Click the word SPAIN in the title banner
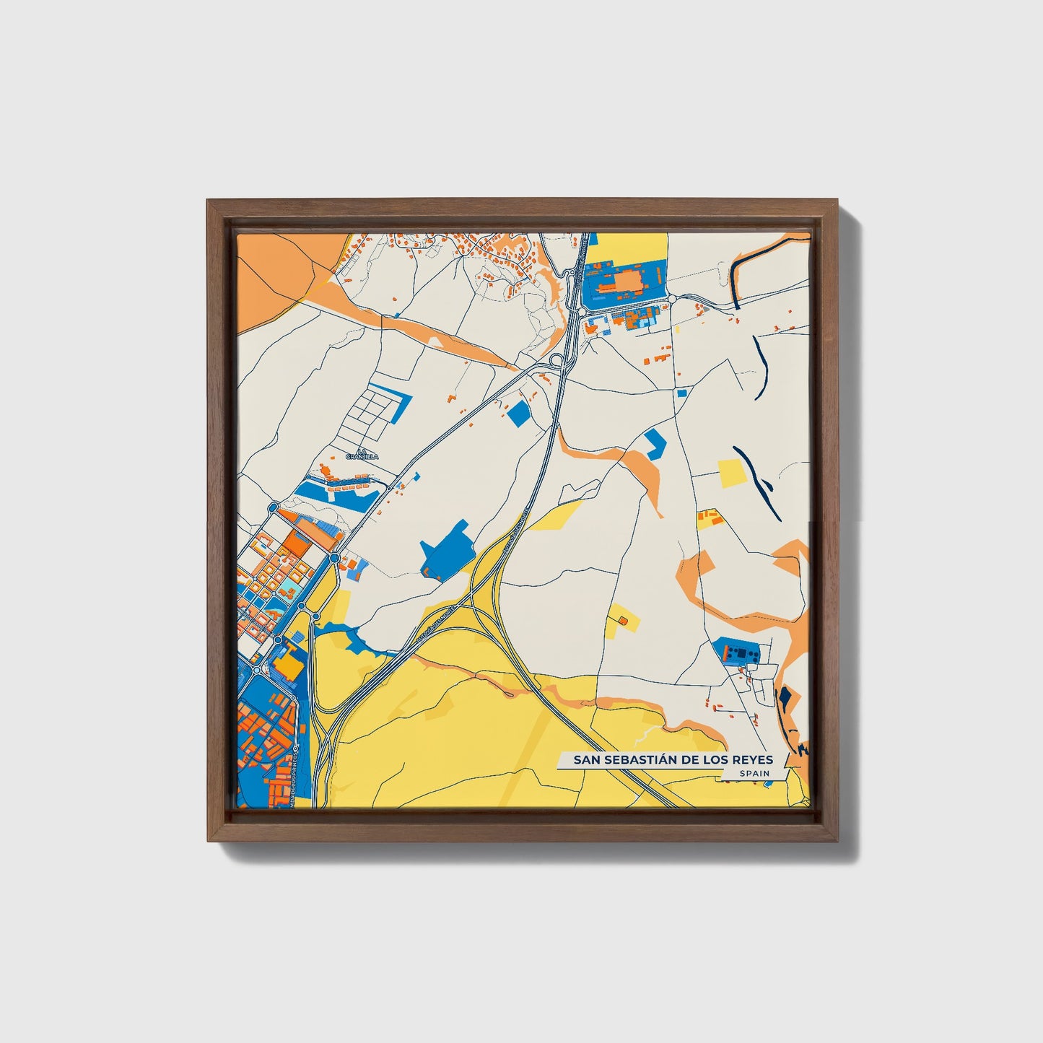[x=754, y=774]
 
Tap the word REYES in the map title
[x=753, y=759]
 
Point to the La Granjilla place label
[x=357, y=454]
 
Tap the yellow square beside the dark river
[x=731, y=473]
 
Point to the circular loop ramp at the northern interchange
[x=556, y=359]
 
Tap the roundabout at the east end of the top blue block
[x=671, y=299]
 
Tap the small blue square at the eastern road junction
[x=682, y=393]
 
